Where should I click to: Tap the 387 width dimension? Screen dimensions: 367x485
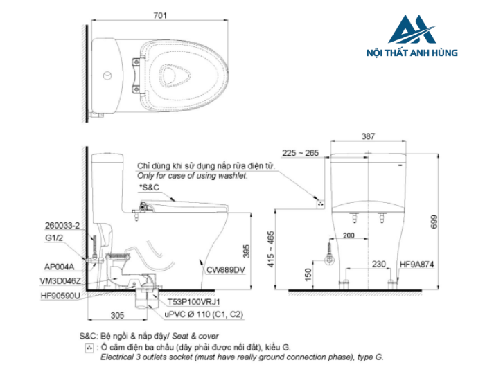pos(369,136)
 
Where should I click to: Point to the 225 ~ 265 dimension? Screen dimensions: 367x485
pos(300,153)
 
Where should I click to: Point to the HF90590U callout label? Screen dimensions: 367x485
pos(61,296)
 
